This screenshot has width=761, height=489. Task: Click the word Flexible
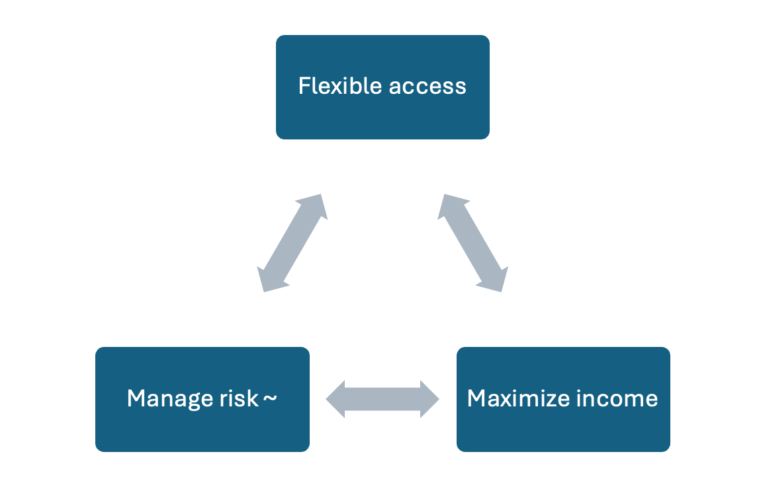coord(339,86)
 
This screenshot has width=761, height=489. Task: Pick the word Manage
coord(164,398)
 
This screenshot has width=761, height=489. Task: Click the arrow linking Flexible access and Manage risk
coord(292,243)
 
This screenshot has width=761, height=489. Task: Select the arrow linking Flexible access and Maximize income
coord(473,243)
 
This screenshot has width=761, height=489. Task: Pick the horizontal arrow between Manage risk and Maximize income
coord(382,399)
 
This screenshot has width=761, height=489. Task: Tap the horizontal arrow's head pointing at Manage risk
coord(337,399)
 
